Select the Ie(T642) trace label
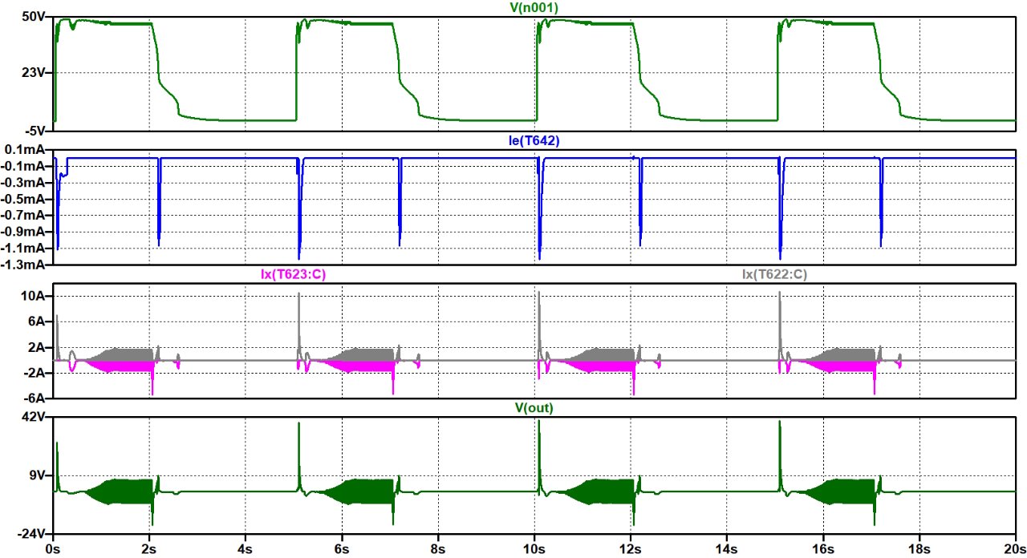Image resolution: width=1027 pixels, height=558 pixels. click(x=535, y=141)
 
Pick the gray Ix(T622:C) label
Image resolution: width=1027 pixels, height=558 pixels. click(x=775, y=274)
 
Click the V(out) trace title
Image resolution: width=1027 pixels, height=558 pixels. click(x=535, y=408)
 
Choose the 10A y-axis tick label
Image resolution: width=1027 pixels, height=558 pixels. click(x=33, y=297)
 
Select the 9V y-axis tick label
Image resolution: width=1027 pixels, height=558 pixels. click(x=36, y=475)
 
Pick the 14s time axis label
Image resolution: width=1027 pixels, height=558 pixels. click(x=727, y=550)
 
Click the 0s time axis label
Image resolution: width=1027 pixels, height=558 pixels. click(x=53, y=550)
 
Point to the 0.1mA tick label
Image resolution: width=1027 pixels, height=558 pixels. click(x=27, y=150)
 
